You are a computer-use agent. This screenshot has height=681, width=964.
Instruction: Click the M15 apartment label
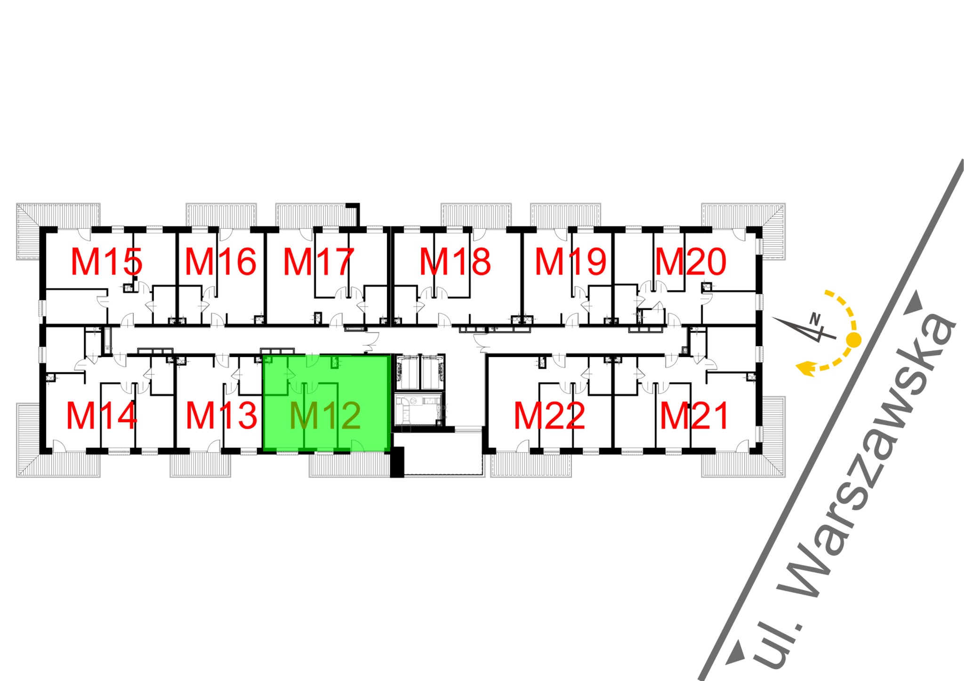[106, 262]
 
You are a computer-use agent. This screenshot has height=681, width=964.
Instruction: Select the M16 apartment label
[220, 262]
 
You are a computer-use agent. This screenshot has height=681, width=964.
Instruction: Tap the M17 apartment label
[318, 262]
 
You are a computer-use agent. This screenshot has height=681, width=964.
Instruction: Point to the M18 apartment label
[455, 262]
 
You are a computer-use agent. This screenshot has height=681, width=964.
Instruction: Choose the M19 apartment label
[570, 262]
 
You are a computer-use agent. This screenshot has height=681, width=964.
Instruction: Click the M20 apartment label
[691, 262]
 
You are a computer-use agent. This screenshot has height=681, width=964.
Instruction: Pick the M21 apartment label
[694, 416]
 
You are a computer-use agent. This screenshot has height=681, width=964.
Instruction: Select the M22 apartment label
[549, 416]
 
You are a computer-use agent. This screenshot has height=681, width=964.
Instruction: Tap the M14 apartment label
[102, 416]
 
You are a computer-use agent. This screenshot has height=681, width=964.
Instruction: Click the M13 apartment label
[221, 416]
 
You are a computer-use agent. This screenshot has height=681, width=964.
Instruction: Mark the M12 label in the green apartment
[325, 416]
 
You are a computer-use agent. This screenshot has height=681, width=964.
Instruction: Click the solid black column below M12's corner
[397, 462]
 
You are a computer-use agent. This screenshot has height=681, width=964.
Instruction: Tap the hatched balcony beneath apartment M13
[201, 466]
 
